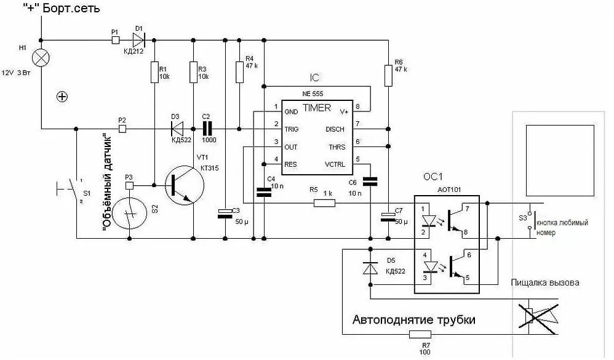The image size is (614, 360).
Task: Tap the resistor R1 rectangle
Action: (154, 73)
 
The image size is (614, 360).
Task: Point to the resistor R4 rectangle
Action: (239, 71)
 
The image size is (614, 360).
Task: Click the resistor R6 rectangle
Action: (388, 76)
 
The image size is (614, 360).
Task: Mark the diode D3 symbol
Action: (178, 129)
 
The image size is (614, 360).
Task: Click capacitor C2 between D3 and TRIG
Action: (206, 129)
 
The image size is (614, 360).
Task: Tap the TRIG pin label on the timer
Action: (291, 129)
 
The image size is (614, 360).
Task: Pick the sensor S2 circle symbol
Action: (130, 212)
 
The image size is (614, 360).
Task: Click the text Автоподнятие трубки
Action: (413, 320)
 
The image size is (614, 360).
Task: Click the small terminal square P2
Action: (122, 129)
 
